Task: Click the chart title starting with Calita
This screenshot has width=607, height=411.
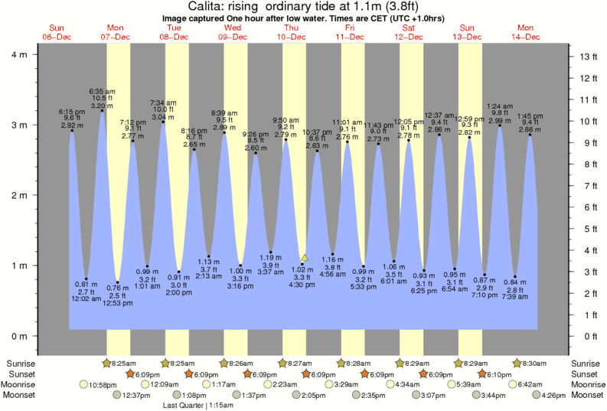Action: coord(304,6)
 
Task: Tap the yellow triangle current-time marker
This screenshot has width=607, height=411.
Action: coord(305,258)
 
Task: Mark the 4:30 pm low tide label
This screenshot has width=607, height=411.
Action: coord(302,285)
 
